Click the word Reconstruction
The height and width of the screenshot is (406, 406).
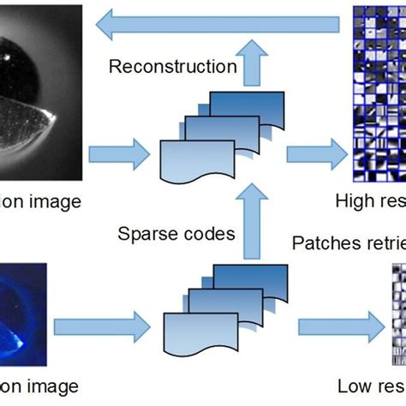(172, 66)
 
